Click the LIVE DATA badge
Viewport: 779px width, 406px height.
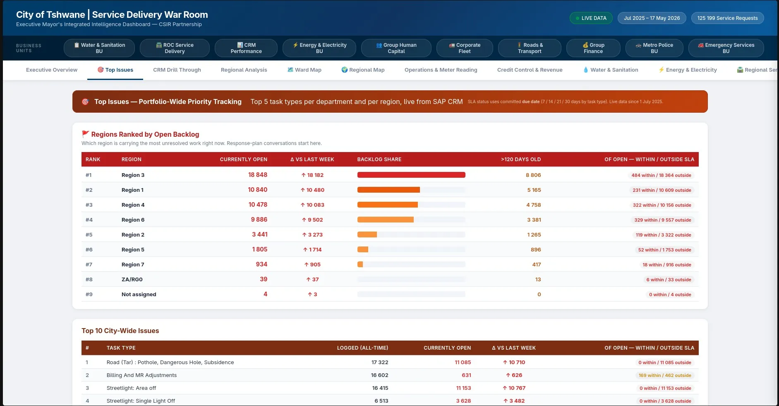tap(591, 18)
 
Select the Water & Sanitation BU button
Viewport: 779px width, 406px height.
tap(99, 48)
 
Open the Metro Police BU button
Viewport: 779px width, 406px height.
tap(654, 48)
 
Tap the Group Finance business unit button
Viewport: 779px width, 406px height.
tap(593, 48)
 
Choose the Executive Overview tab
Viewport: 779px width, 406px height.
tap(52, 70)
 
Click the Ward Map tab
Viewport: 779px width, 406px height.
tap(304, 70)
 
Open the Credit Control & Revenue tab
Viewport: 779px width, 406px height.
tap(530, 70)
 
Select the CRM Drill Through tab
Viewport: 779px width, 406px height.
tap(177, 70)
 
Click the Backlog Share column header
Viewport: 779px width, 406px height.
tap(379, 159)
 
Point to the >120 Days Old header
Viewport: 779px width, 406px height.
tap(521, 159)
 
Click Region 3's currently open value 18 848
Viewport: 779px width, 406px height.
tap(258, 175)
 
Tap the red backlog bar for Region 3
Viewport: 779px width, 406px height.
tap(411, 175)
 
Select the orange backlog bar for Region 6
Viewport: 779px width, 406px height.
tap(386, 220)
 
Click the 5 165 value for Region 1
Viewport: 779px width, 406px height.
tap(534, 190)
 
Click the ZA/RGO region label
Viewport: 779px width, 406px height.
tap(132, 280)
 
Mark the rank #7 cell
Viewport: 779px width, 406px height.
tap(89, 265)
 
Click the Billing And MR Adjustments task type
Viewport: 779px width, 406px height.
tap(141, 375)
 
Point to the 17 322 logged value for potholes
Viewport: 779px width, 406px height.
tap(380, 362)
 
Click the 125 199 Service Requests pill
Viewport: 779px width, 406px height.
tap(727, 18)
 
